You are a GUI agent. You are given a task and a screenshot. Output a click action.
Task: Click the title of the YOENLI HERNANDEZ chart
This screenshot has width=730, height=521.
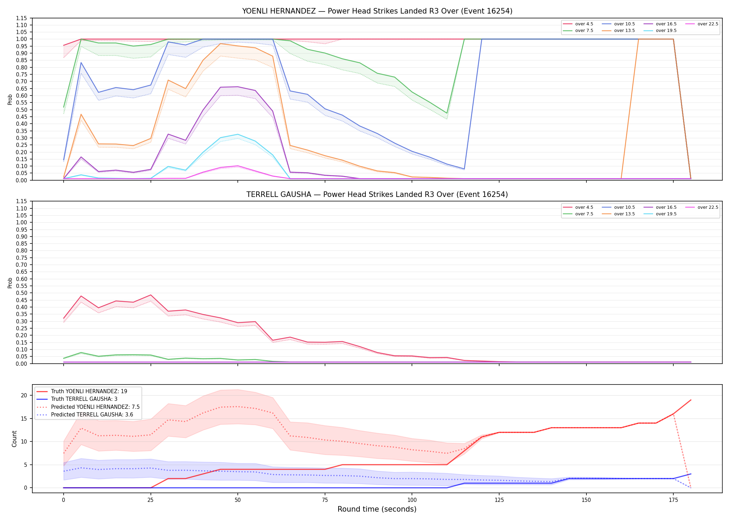coord(377,11)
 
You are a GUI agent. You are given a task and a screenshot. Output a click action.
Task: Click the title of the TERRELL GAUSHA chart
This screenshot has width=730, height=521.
coord(377,195)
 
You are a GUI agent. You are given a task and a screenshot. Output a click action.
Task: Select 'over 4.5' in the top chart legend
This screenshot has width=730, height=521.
coord(584,24)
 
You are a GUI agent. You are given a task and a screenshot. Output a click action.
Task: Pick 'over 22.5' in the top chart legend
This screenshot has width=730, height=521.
coord(708,24)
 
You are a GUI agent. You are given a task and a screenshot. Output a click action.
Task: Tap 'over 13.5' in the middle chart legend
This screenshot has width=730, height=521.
coord(624,214)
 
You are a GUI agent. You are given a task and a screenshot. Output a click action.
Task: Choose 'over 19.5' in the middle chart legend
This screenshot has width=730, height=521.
coord(666,214)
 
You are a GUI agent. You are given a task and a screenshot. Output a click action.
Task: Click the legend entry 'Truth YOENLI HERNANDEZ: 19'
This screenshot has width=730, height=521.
coord(89,391)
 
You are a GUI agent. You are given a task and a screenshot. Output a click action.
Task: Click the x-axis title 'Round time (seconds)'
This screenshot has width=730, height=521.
coord(377,509)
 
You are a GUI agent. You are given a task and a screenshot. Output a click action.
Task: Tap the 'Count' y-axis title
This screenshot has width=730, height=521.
coord(14,439)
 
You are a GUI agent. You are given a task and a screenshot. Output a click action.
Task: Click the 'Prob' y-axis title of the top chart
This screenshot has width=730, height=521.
coord(10,99)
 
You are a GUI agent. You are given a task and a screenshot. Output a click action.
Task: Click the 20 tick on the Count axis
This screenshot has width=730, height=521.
coord(24,395)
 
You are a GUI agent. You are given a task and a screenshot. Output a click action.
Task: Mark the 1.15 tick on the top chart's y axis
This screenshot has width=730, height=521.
coord(22,18)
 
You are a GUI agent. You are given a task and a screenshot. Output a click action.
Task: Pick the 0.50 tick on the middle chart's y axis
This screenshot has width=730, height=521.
coord(22,293)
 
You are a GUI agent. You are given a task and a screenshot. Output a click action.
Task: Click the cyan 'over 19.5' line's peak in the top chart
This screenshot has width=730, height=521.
coord(237,134)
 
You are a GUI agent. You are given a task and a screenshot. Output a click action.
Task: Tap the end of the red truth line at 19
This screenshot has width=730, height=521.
coord(691,400)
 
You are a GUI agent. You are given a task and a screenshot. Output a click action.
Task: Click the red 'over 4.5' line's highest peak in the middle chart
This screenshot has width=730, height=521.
coord(151,295)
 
